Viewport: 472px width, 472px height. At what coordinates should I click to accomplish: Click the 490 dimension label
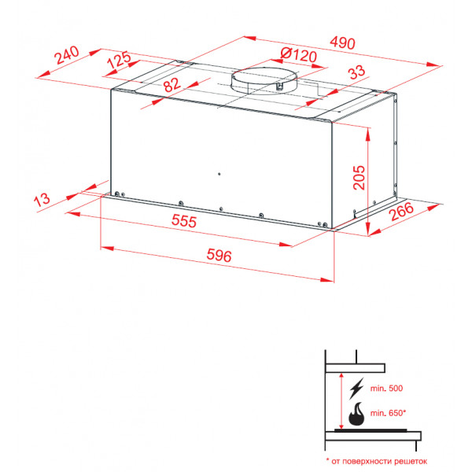coord(342,42)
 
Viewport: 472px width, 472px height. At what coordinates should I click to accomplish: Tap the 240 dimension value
coord(67,55)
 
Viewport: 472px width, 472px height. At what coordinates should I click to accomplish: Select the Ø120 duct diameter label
coord(298,55)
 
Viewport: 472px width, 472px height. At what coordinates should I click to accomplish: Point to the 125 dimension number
coord(120,60)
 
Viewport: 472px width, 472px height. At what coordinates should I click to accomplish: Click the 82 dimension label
coord(171,85)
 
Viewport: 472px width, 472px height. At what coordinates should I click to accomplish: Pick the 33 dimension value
coord(356,72)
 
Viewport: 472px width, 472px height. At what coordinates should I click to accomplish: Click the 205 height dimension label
coord(359,177)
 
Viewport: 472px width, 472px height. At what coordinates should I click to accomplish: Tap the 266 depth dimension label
coord(401,212)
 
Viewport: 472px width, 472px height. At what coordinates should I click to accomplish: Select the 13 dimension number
coord(42,200)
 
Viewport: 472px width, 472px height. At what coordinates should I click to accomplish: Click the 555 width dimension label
coord(184,221)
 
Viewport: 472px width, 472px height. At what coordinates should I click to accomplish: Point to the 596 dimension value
coord(219,256)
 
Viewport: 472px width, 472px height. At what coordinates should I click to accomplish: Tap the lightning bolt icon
coord(356,389)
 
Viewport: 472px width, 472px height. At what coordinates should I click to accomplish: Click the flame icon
coord(356,414)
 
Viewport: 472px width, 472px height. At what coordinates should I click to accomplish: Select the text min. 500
coord(386,389)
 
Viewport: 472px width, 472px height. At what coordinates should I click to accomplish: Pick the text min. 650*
coord(388,413)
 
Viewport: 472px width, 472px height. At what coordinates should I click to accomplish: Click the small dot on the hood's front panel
coord(219,174)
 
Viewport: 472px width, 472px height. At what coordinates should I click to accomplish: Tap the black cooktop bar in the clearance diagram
coord(371,430)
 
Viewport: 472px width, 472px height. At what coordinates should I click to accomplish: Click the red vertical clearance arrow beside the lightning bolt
coord(341,401)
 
